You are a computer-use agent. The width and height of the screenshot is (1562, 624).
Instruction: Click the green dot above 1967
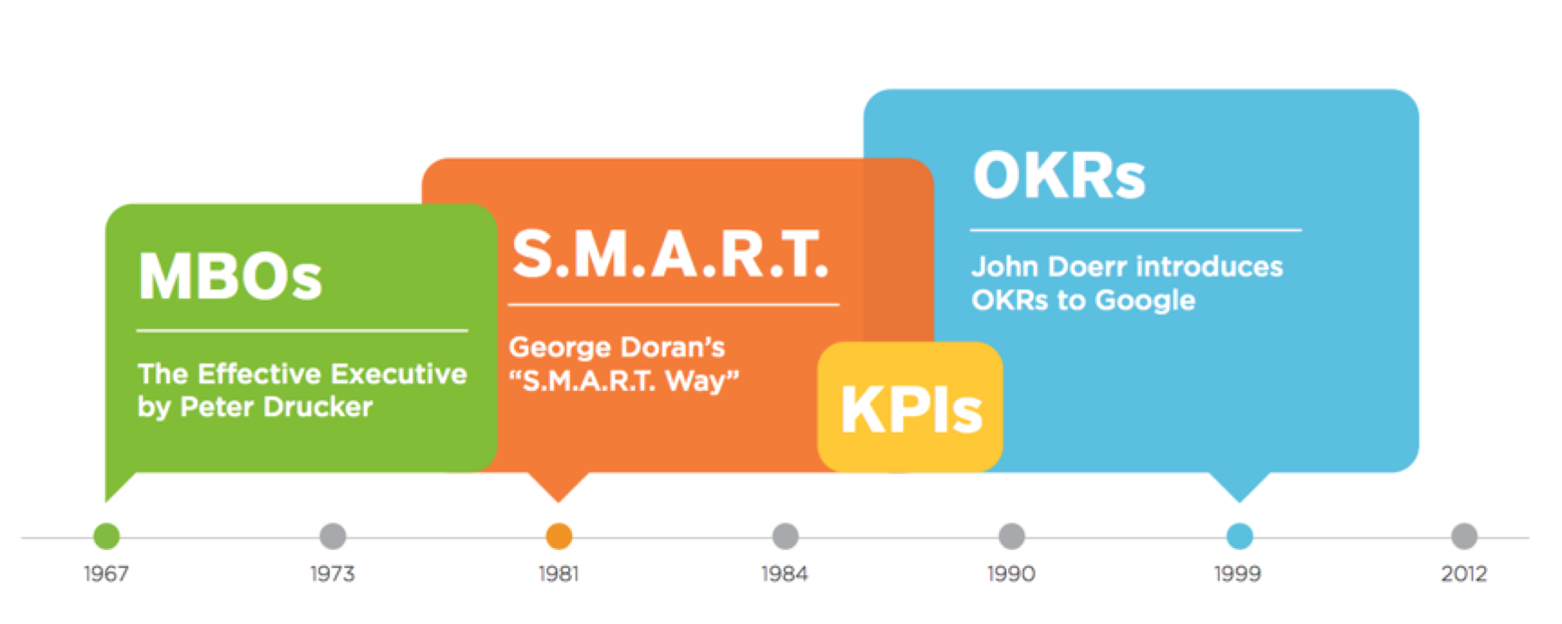pyautogui.click(x=107, y=536)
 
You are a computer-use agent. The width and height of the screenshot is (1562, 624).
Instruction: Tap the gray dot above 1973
pyautogui.click(x=333, y=536)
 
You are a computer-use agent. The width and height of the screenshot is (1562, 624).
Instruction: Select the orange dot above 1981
pyautogui.click(x=559, y=536)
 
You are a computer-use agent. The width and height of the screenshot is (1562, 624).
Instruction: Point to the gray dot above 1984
pyautogui.click(x=786, y=536)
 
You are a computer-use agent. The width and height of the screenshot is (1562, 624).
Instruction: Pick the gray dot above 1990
pyautogui.click(x=1012, y=536)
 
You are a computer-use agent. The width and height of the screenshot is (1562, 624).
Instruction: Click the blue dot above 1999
pyautogui.click(x=1239, y=536)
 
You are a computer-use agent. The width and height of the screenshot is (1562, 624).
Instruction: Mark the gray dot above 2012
pyautogui.click(x=1464, y=536)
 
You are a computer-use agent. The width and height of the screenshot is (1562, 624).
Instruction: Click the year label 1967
pyautogui.click(x=107, y=573)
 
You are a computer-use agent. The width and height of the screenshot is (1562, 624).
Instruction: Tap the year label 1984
pyautogui.click(x=784, y=573)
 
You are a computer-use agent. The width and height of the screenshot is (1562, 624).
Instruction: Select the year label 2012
pyautogui.click(x=1464, y=573)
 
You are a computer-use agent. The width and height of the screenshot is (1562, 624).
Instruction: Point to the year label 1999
pyautogui.click(x=1238, y=573)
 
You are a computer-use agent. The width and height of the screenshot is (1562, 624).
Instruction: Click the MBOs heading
pyautogui.click(x=230, y=275)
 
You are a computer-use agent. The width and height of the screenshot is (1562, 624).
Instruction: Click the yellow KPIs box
pyautogui.click(x=910, y=406)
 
